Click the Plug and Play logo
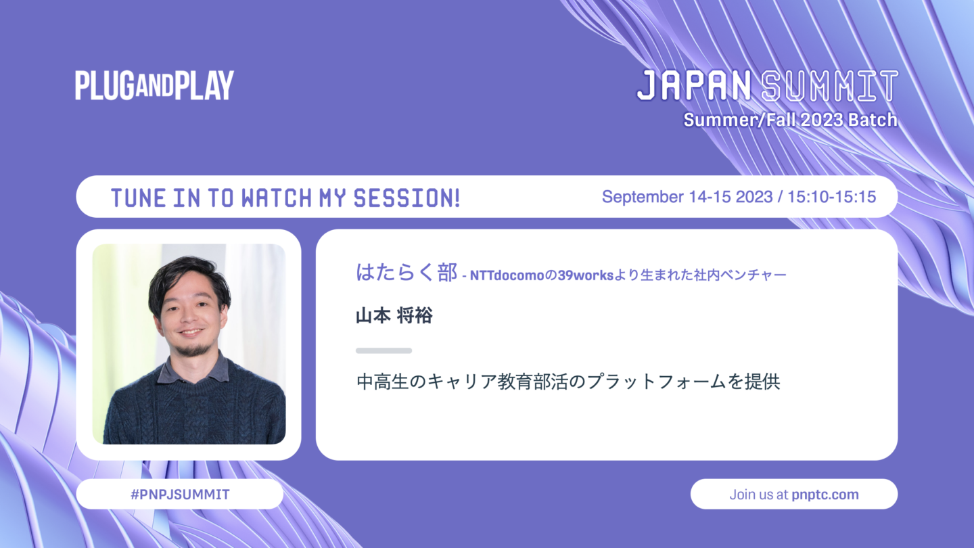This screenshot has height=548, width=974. click(x=154, y=85)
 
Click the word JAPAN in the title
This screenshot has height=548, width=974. click(x=694, y=86)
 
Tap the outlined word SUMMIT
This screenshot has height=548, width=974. click(x=830, y=86)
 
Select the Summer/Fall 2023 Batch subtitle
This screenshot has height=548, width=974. click(x=791, y=120)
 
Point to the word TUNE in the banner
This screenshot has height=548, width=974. click(x=138, y=198)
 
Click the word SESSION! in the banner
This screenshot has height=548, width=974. click(x=407, y=198)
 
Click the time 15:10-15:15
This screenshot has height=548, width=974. click(x=832, y=197)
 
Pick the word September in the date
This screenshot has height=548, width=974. click(x=643, y=198)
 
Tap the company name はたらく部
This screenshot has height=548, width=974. click(x=407, y=273)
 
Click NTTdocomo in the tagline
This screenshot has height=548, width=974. click(x=507, y=275)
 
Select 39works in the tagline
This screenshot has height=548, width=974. click(x=586, y=275)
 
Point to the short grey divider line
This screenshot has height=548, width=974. click(x=384, y=350)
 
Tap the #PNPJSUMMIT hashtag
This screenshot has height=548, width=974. click(x=180, y=495)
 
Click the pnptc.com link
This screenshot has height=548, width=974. click(x=825, y=495)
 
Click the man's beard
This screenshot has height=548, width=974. click(x=193, y=348)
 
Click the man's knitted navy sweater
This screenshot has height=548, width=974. click(x=194, y=407)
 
